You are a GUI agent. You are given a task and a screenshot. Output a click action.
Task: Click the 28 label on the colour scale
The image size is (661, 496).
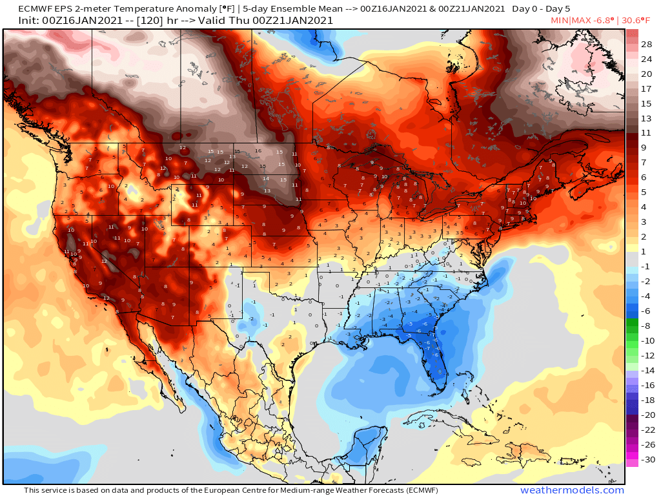[646, 44]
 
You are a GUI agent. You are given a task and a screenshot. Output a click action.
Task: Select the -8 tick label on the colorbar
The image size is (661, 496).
[646, 326]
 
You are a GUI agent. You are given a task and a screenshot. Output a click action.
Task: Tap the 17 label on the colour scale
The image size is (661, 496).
[646, 88]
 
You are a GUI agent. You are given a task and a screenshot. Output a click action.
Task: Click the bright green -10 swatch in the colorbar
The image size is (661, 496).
[632, 341]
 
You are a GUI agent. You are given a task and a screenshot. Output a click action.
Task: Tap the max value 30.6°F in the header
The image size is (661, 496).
[640, 21]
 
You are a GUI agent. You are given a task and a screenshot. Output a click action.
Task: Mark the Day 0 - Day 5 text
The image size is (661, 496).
[542, 9]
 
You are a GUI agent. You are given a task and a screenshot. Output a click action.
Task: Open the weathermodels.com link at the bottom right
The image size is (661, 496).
[572, 490]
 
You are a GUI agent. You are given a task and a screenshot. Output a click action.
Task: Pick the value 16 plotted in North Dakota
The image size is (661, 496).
[258, 151]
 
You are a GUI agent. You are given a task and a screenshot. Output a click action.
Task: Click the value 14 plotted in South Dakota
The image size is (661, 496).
[265, 178]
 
